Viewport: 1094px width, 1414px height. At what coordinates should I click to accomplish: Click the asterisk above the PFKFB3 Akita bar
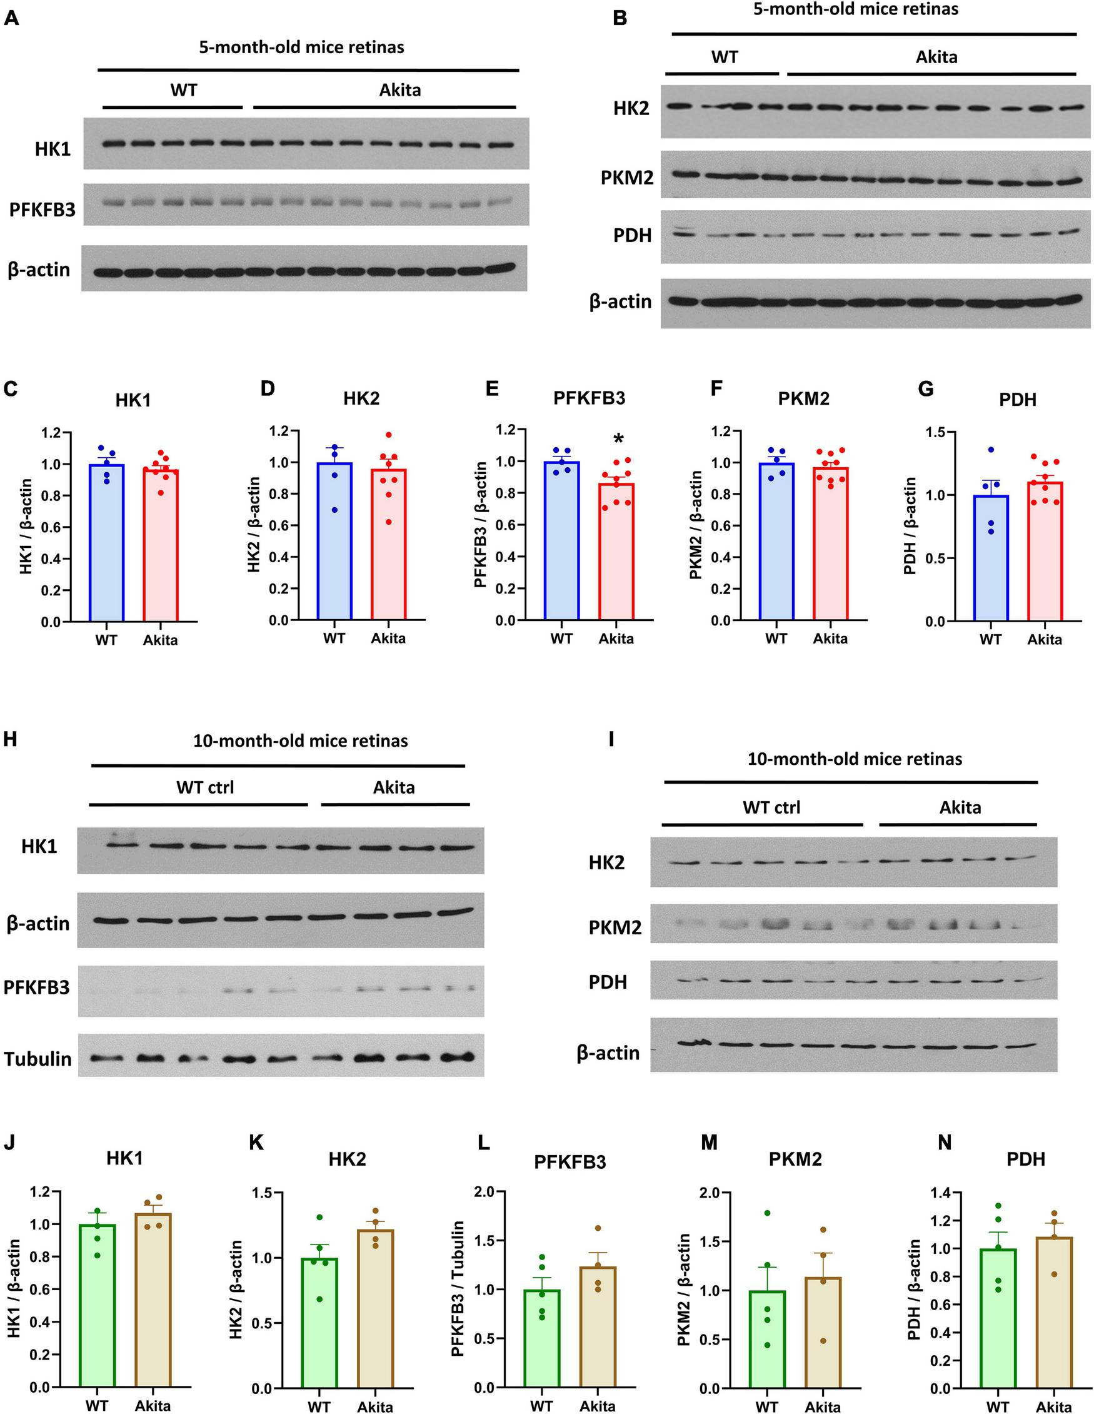coord(619,440)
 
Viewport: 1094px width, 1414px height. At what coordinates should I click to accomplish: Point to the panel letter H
coord(10,739)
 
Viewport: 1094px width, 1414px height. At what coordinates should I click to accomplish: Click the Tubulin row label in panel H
coord(38,1059)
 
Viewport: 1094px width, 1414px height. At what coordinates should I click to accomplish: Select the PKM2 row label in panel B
coord(626,177)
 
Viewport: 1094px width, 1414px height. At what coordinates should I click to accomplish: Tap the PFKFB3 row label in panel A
coord(42,210)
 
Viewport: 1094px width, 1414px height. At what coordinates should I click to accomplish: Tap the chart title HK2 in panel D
coord(361,399)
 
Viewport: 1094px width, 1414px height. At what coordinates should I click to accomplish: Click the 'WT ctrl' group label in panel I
coord(771,807)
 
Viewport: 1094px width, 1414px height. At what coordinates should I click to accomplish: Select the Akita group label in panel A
coord(399,89)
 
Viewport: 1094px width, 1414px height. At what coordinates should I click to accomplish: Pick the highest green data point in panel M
coord(767,1213)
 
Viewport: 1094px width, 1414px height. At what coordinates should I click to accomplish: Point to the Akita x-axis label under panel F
coord(830,639)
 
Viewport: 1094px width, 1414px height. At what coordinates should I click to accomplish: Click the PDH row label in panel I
coord(608,982)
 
